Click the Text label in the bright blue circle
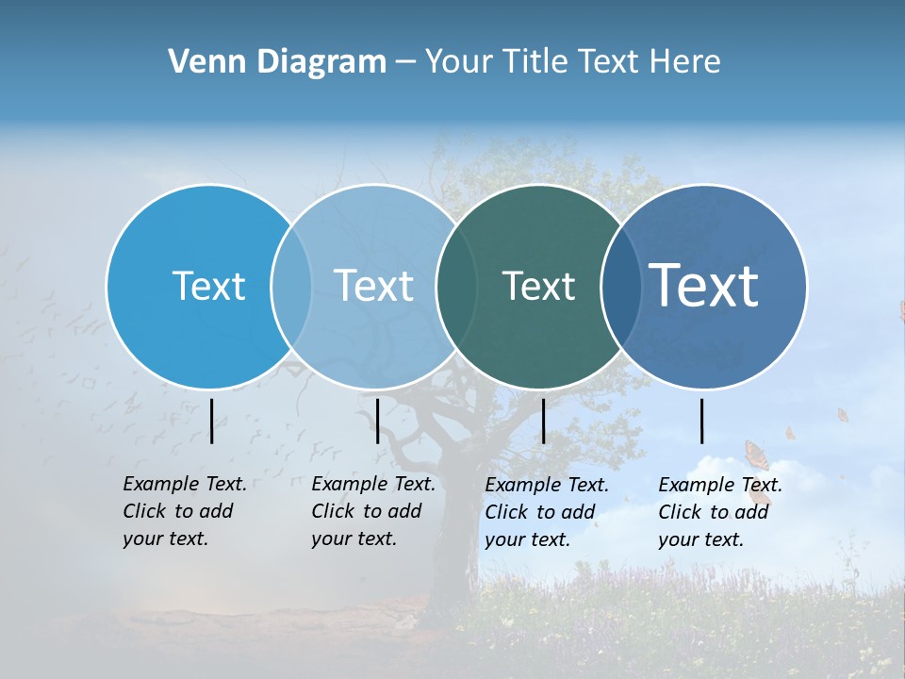tap(208, 286)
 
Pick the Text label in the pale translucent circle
tap(373, 286)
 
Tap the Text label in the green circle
tap(538, 286)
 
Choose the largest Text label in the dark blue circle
tap(704, 286)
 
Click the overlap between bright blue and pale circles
tap(291, 286)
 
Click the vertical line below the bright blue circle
tap(211, 421)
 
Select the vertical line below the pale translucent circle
tap(377, 421)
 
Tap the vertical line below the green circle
tap(543, 421)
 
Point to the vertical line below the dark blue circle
tap(701, 421)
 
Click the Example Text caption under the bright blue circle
tap(184, 511)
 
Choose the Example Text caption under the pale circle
tap(372, 511)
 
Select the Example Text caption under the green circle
tap(546, 512)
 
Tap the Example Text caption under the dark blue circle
tap(719, 512)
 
